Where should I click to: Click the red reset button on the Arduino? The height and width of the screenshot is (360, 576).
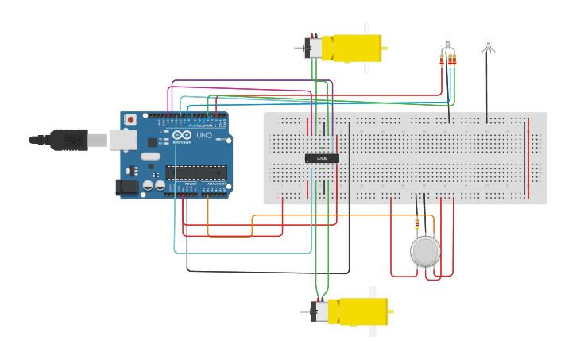[x=130, y=119]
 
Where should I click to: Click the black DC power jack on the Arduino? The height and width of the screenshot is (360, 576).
[x=127, y=188]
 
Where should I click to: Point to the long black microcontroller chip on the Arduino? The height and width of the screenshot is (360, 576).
[x=195, y=172]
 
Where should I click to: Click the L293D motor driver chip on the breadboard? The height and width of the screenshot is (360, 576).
[x=323, y=158]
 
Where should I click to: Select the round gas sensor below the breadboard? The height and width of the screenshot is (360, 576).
[x=425, y=251]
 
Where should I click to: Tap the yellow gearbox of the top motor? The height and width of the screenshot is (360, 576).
[x=353, y=48]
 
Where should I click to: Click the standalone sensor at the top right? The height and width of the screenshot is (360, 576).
[x=488, y=46]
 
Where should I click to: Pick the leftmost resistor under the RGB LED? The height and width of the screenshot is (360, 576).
[x=442, y=60]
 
